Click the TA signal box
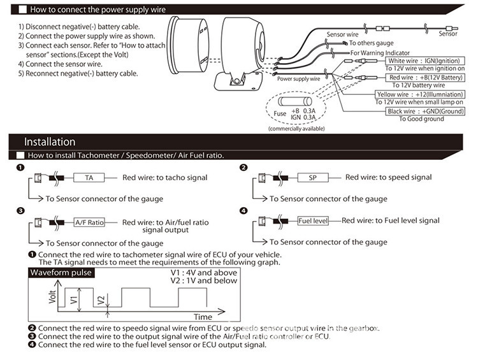point(88,178)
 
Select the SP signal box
point(312,178)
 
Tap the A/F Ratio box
point(89,222)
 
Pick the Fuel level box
point(312,221)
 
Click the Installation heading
point(50,141)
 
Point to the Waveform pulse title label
point(61,273)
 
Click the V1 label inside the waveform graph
point(73,298)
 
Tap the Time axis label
point(203,317)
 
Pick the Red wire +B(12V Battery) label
point(423,77)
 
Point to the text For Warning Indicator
point(380,53)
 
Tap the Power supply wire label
point(297,80)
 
